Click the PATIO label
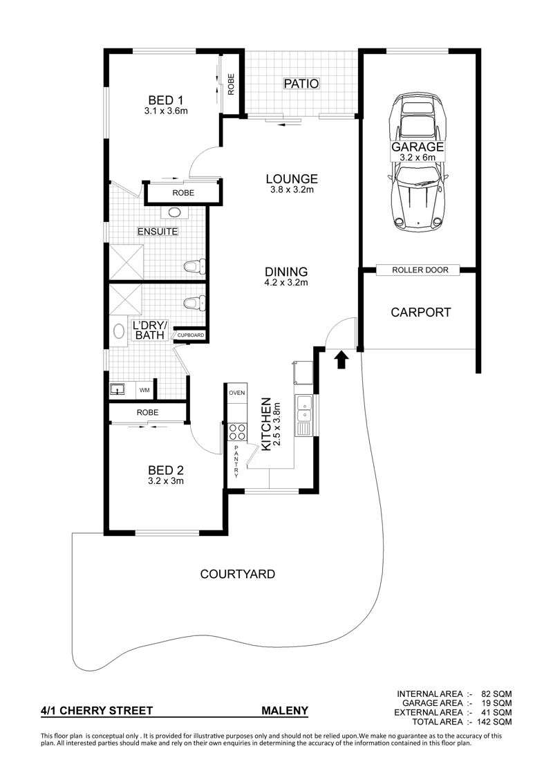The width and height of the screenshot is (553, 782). [x=301, y=83]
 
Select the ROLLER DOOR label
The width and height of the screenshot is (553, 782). [x=420, y=270]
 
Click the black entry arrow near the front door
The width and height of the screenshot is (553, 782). [x=341, y=360]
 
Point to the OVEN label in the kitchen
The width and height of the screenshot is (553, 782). [x=237, y=393]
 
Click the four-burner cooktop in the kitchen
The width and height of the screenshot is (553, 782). [x=237, y=431]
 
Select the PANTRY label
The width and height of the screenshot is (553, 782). [x=236, y=462]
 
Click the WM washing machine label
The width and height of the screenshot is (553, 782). [x=144, y=390]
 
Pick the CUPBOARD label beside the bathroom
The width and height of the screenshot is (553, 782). [x=191, y=335]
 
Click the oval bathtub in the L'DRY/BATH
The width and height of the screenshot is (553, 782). [x=119, y=331]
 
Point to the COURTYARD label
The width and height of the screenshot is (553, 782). [x=237, y=574]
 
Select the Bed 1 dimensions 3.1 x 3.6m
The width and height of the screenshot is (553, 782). [x=166, y=111]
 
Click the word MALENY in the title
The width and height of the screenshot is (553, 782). [x=285, y=711]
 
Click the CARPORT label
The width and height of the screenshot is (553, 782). [x=421, y=313]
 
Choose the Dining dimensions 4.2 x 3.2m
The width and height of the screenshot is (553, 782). [x=285, y=283]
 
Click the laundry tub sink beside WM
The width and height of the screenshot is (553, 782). [x=118, y=389]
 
